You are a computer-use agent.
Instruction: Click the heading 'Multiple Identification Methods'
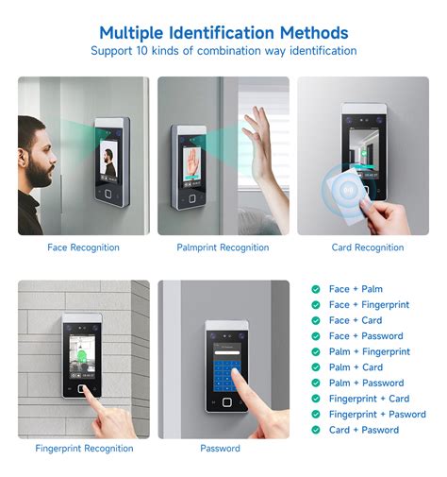pyautogui.click(x=223, y=33)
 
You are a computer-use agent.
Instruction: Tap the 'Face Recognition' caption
pyautogui.click(x=83, y=247)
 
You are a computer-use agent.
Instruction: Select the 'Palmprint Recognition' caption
pyautogui.click(x=223, y=247)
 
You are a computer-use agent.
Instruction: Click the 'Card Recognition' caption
pyautogui.click(x=367, y=247)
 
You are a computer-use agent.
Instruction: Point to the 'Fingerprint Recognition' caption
pyautogui.click(x=83, y=448)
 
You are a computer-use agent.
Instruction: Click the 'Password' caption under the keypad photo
pyautogui.click(x=220, y=448)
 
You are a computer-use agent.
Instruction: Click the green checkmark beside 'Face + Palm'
pyautogui.click(x=316, y=289)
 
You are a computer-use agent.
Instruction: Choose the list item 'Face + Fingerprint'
pyautogui.click(x=369, y=305)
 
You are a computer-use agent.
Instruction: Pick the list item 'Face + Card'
pyautogui.click(x=356, y=320)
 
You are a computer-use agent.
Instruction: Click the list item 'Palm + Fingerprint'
pyautogui.click(x=369, y=351)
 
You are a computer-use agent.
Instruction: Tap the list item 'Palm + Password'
pyautogui.click(x=366, y=383)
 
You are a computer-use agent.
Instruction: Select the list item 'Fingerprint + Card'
pyautogui.click(x=369, y=399)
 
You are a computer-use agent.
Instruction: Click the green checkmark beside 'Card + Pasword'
pyautogui.click(x=316, y=430)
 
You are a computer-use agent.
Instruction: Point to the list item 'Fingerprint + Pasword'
pyautogui.click(x=377, y=414)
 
